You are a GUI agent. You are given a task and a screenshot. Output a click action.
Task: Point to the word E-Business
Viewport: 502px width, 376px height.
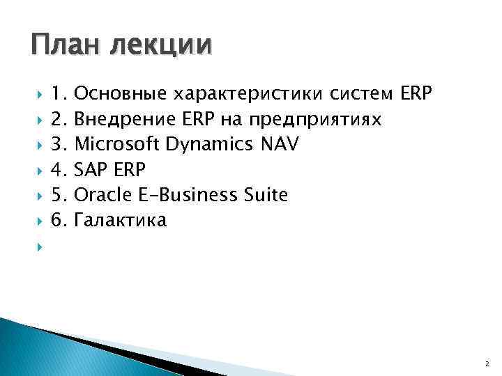tap(173, 195)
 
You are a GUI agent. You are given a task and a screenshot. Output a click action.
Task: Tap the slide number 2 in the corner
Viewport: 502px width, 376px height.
tap(485, 363)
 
